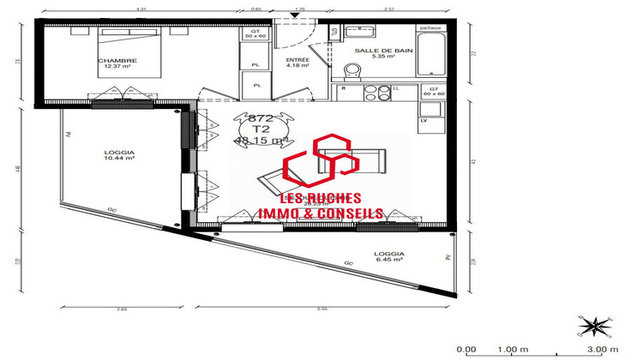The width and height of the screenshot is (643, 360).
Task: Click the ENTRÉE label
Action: (x=297, y=62)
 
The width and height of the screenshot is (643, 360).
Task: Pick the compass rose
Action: (x=593, y=325)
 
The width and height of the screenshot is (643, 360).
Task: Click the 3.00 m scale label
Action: (x=601, y=350)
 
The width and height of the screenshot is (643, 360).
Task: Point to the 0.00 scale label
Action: (x=466, y=350)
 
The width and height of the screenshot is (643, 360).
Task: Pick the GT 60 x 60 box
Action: (x=433, y=91)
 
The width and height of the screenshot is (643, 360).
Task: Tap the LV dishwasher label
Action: (x=424, y=120)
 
